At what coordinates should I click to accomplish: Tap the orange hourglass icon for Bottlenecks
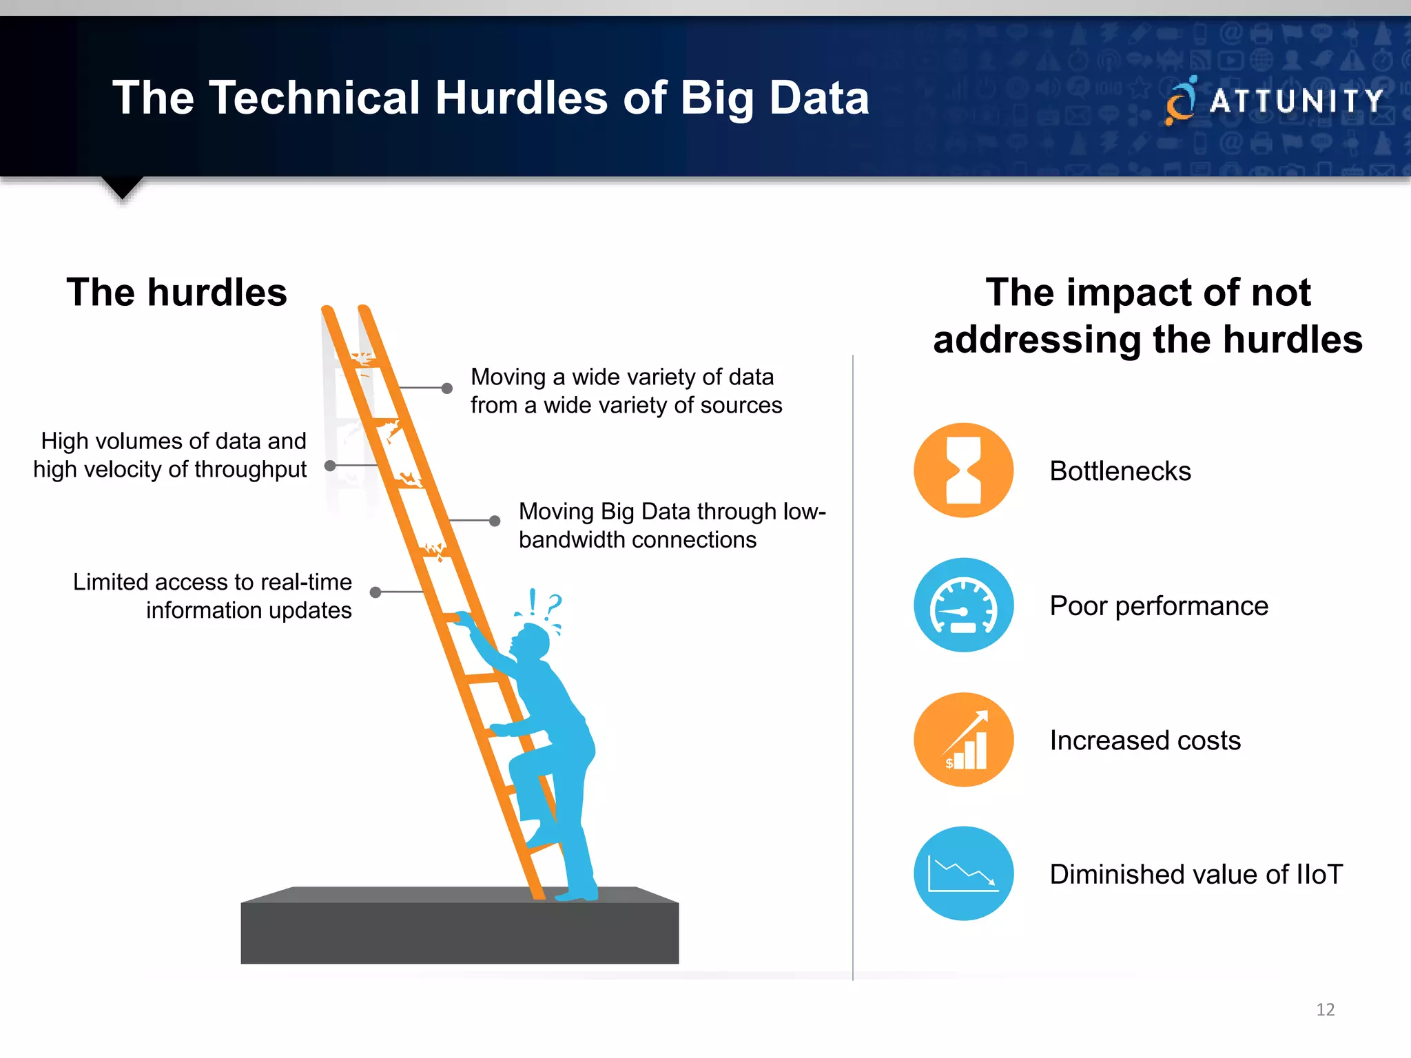[x=963, y=470]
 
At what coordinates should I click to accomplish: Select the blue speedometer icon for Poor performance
[x=963, y=605]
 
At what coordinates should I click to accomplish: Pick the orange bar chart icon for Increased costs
[x=963, y=740]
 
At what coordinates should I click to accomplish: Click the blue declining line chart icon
[x=963, y=873]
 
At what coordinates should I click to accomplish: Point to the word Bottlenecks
[x=1120, y=471]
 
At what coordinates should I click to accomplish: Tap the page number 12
[x=1325, y=1010]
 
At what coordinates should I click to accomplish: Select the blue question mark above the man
[x=554, y=606]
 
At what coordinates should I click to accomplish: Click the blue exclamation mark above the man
[x=532, y=602]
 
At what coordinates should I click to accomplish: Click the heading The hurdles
[x=176, y=292]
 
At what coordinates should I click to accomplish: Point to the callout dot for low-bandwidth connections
[x=495, y=521]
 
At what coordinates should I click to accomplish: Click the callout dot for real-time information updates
[x=375, y=592]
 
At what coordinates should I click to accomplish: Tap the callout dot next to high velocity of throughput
[x=330, y=466]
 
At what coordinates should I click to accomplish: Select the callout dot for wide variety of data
[x=446, y=388]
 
